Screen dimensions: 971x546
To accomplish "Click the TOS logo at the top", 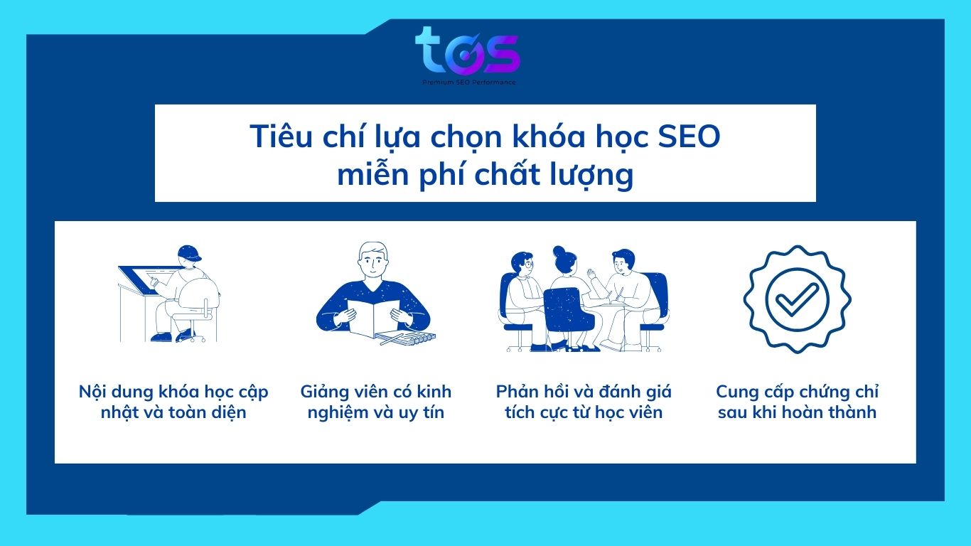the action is click(468, 52).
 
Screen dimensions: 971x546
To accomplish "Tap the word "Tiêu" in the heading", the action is click(281, 136).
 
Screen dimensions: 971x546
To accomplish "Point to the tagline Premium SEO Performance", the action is click(469, 82).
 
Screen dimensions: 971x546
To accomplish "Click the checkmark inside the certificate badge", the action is click(797, 299).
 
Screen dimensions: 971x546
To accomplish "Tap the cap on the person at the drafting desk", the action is click(189, 253).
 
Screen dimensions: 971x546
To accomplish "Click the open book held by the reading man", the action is click(373, 318).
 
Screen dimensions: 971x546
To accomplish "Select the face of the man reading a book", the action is click(373, 263).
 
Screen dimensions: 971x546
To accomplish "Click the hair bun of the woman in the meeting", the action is click(559, 252).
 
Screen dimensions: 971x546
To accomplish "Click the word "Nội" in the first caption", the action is click(92, 392).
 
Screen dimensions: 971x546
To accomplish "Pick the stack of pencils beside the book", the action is click(406, 338).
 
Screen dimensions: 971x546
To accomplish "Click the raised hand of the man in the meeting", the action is click(591, 274).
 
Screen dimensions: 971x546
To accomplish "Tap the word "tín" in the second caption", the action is click(434, 412).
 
